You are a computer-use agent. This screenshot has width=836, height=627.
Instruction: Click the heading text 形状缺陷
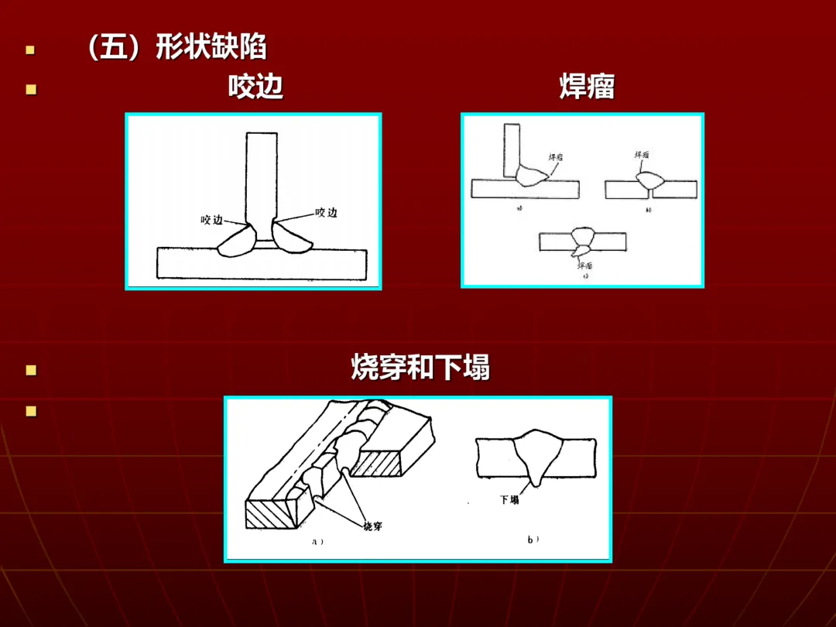(211, 48)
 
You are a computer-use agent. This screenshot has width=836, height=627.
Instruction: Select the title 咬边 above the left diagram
(255, 87)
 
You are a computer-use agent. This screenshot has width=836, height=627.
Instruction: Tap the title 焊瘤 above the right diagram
(587, 87)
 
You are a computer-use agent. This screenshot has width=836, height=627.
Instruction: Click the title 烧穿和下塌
(420, 368)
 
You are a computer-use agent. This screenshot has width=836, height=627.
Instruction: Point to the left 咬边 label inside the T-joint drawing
(212, 220)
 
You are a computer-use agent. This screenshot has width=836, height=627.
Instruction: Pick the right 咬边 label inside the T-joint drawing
(326, 212)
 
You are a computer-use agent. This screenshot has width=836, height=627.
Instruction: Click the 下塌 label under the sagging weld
(509, 500)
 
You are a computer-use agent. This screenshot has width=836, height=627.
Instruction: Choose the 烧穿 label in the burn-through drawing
(372, 526)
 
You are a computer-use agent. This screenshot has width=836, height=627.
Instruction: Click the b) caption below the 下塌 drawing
(533, 540)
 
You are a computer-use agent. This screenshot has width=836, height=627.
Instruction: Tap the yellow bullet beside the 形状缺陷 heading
(30, 50)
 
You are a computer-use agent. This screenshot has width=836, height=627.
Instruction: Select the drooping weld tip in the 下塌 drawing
(533, 480)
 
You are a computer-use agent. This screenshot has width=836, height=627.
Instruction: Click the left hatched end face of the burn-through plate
(271, 514)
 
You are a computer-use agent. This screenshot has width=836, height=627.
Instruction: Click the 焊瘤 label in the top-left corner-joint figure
(556, 156)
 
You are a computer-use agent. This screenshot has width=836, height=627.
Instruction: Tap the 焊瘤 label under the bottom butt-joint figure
(584, 265)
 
